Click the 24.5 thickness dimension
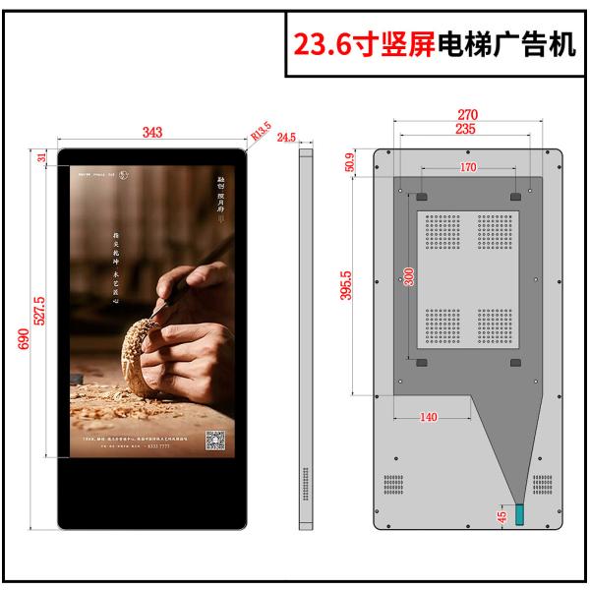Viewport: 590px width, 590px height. (286, 138)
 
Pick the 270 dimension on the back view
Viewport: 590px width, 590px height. (467, 114)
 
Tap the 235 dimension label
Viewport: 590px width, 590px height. (467, 129)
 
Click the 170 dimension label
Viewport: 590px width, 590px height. (467, 168)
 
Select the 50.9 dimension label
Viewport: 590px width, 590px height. (352, 162)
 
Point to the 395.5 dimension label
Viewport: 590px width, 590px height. (346, 286)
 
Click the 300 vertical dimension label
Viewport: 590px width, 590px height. (410, 276)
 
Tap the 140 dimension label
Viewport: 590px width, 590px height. (428, 417)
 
